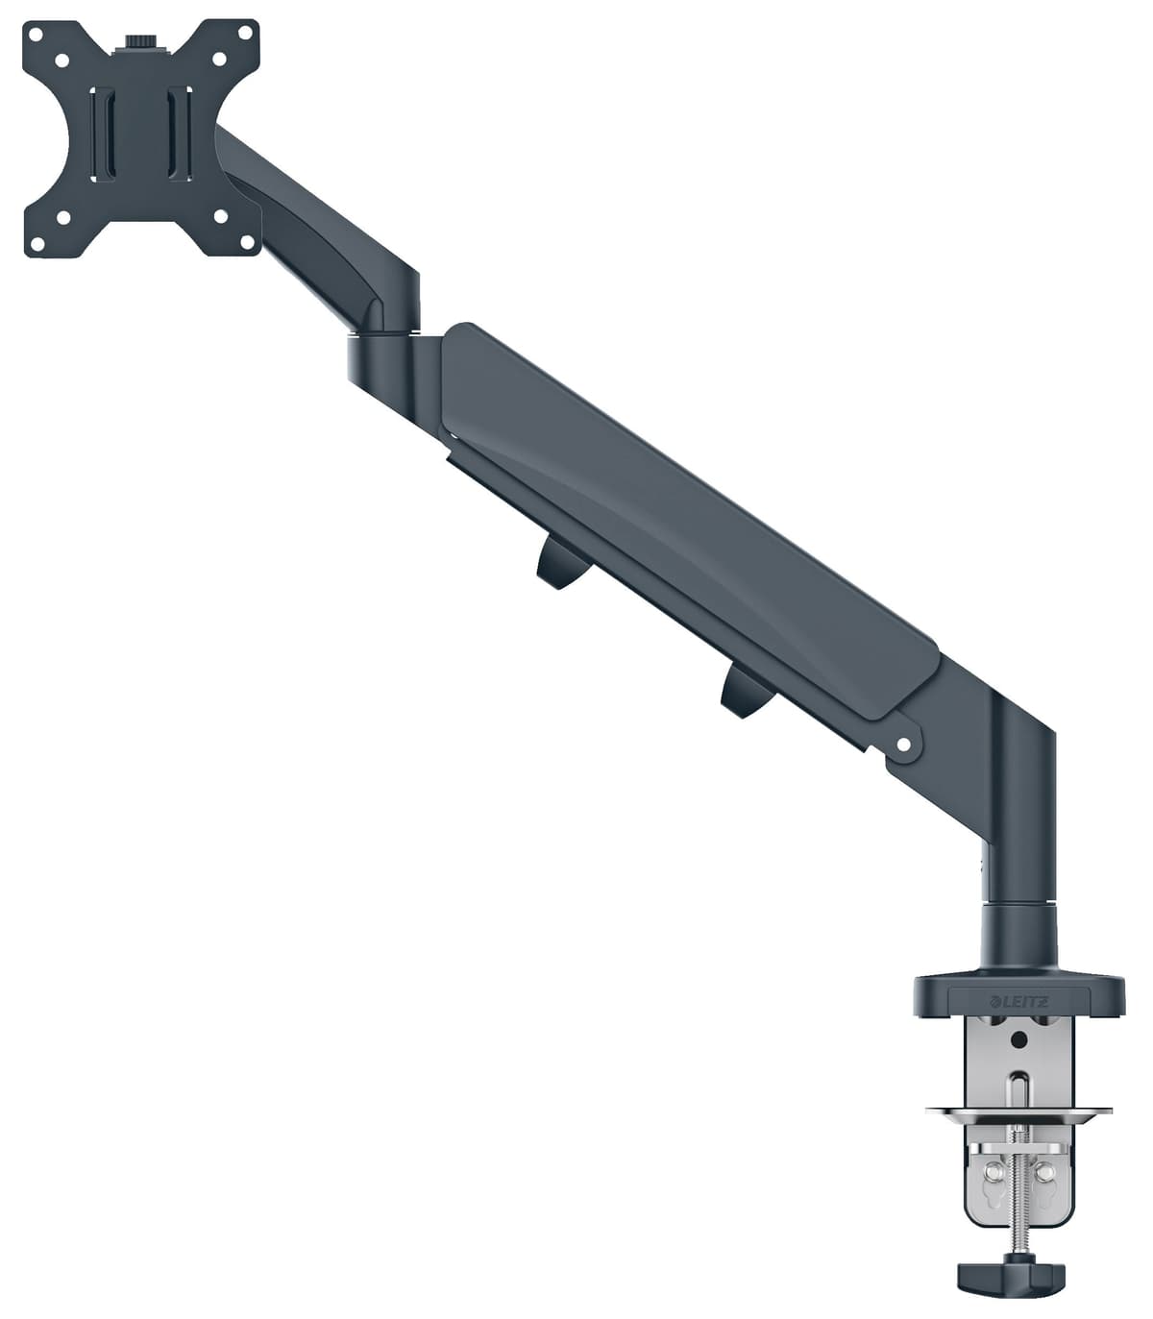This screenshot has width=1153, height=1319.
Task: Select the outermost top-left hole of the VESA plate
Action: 37,35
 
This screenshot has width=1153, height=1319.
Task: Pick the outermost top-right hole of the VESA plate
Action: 245,35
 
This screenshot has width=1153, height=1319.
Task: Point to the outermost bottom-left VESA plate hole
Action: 37,242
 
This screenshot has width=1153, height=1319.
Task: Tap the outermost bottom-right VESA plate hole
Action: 245,242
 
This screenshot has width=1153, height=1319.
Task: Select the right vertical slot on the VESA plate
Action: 181,134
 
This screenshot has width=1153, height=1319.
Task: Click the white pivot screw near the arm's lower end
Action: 903,744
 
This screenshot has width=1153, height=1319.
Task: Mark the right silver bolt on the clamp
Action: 1043,1171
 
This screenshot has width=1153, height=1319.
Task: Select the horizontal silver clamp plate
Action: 1019,1114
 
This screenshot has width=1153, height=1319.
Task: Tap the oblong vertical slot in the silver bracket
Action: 1018,1090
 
